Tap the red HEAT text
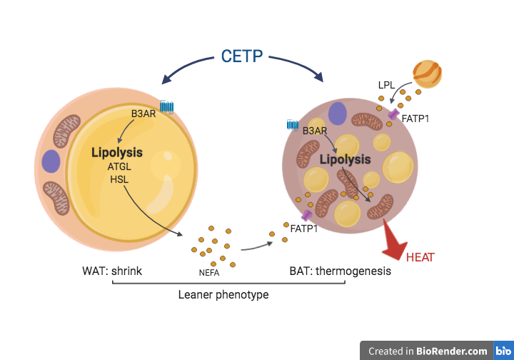(x=420, y=257)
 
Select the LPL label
(x=387, y=85)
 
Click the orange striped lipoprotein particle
(x=427, y=74)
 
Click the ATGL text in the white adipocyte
(x=119, y=167)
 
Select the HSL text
(x=119, y=179)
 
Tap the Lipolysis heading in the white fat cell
(x=117, y=152)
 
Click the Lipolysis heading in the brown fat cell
(x=345, y=159)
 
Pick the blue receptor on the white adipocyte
(x=167, y=107)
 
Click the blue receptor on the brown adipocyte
(x=293, y=126)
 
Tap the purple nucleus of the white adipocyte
(x=51, y=161)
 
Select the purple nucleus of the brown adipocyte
(x=337, y=114)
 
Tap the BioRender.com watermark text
(x=453, y=351)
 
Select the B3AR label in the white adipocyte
(x=143, y=113)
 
